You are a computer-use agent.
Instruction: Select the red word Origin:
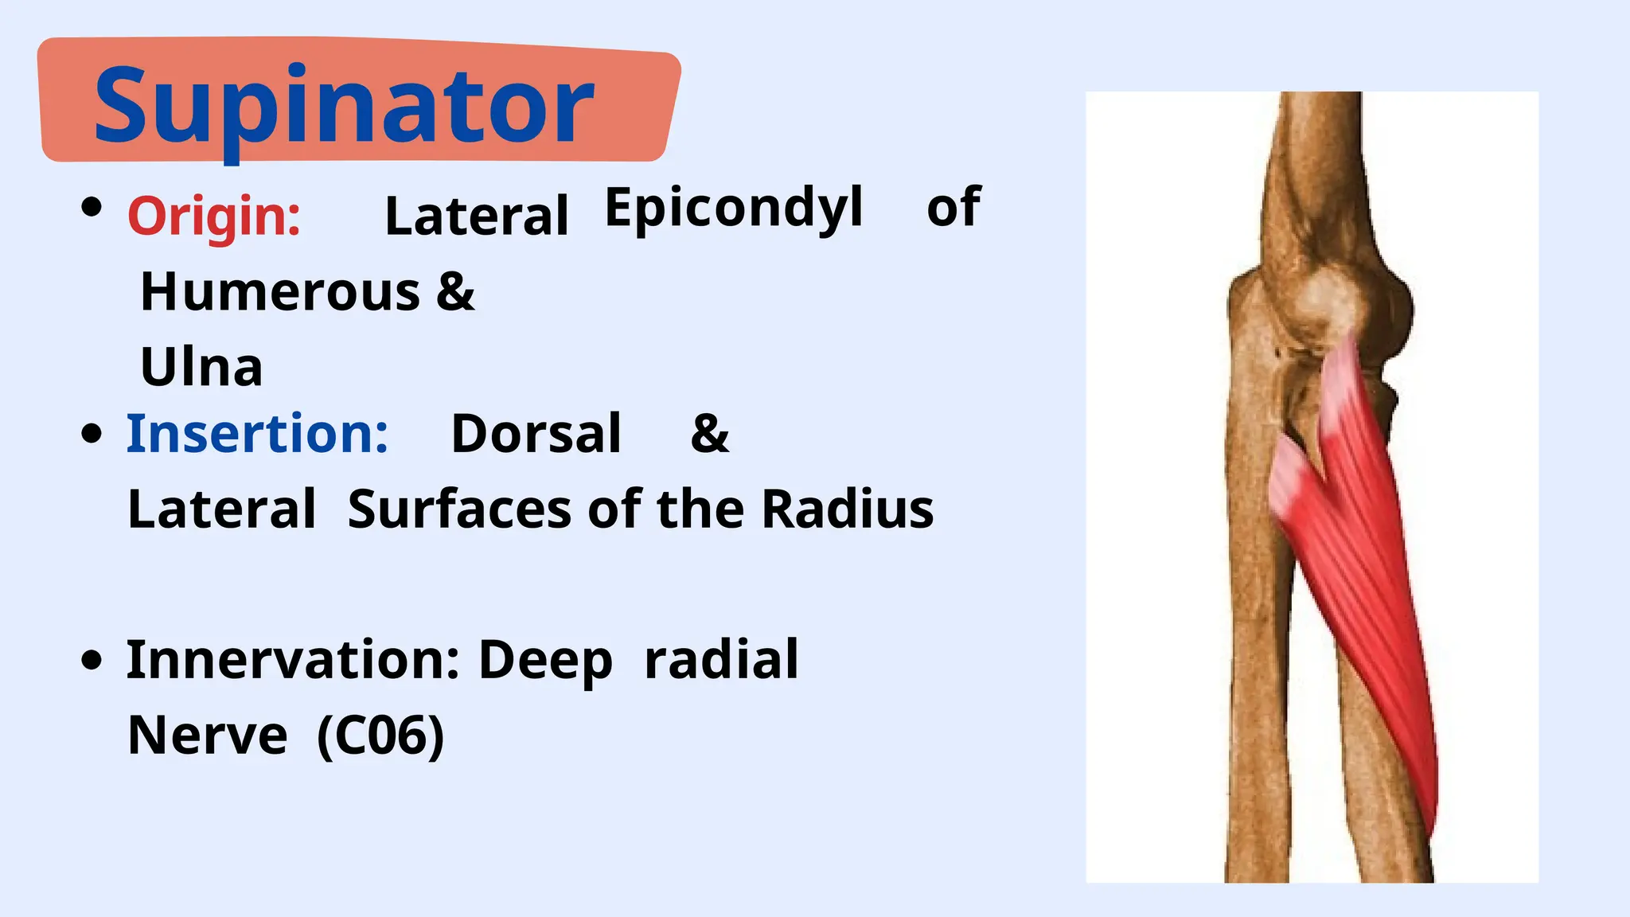214,216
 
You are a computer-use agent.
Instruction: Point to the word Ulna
201,367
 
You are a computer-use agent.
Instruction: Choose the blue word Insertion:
257,434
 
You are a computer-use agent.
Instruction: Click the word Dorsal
536,434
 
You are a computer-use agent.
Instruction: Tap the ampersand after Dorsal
709,434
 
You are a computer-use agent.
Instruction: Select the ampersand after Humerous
455,291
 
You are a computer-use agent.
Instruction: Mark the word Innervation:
293,660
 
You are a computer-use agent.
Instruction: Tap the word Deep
545,661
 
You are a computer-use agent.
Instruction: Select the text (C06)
380,736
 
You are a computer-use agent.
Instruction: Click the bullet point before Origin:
92,208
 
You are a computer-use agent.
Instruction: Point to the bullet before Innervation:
92,660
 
